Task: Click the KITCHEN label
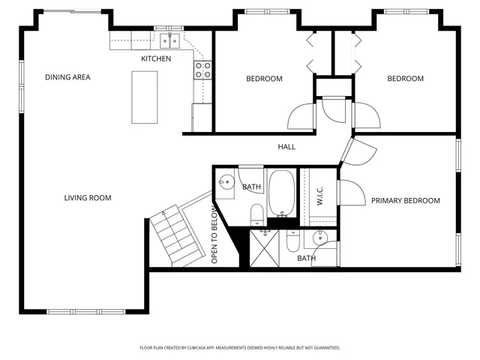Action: [x=156, y=58]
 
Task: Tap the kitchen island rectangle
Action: [x=145, y=97]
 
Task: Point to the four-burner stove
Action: [x=202, y=70]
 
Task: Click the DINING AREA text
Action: [x=67, y=77]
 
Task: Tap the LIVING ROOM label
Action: [x=88, y=198]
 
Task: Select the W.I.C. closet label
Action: [x=319, y=197]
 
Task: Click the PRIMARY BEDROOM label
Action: [x=405, y=201]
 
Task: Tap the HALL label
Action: [x=286, y=147]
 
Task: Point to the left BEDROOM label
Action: [x=264, y=79]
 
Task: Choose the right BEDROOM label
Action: [x=405, y=79]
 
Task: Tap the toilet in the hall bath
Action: [x=256, y=212]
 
